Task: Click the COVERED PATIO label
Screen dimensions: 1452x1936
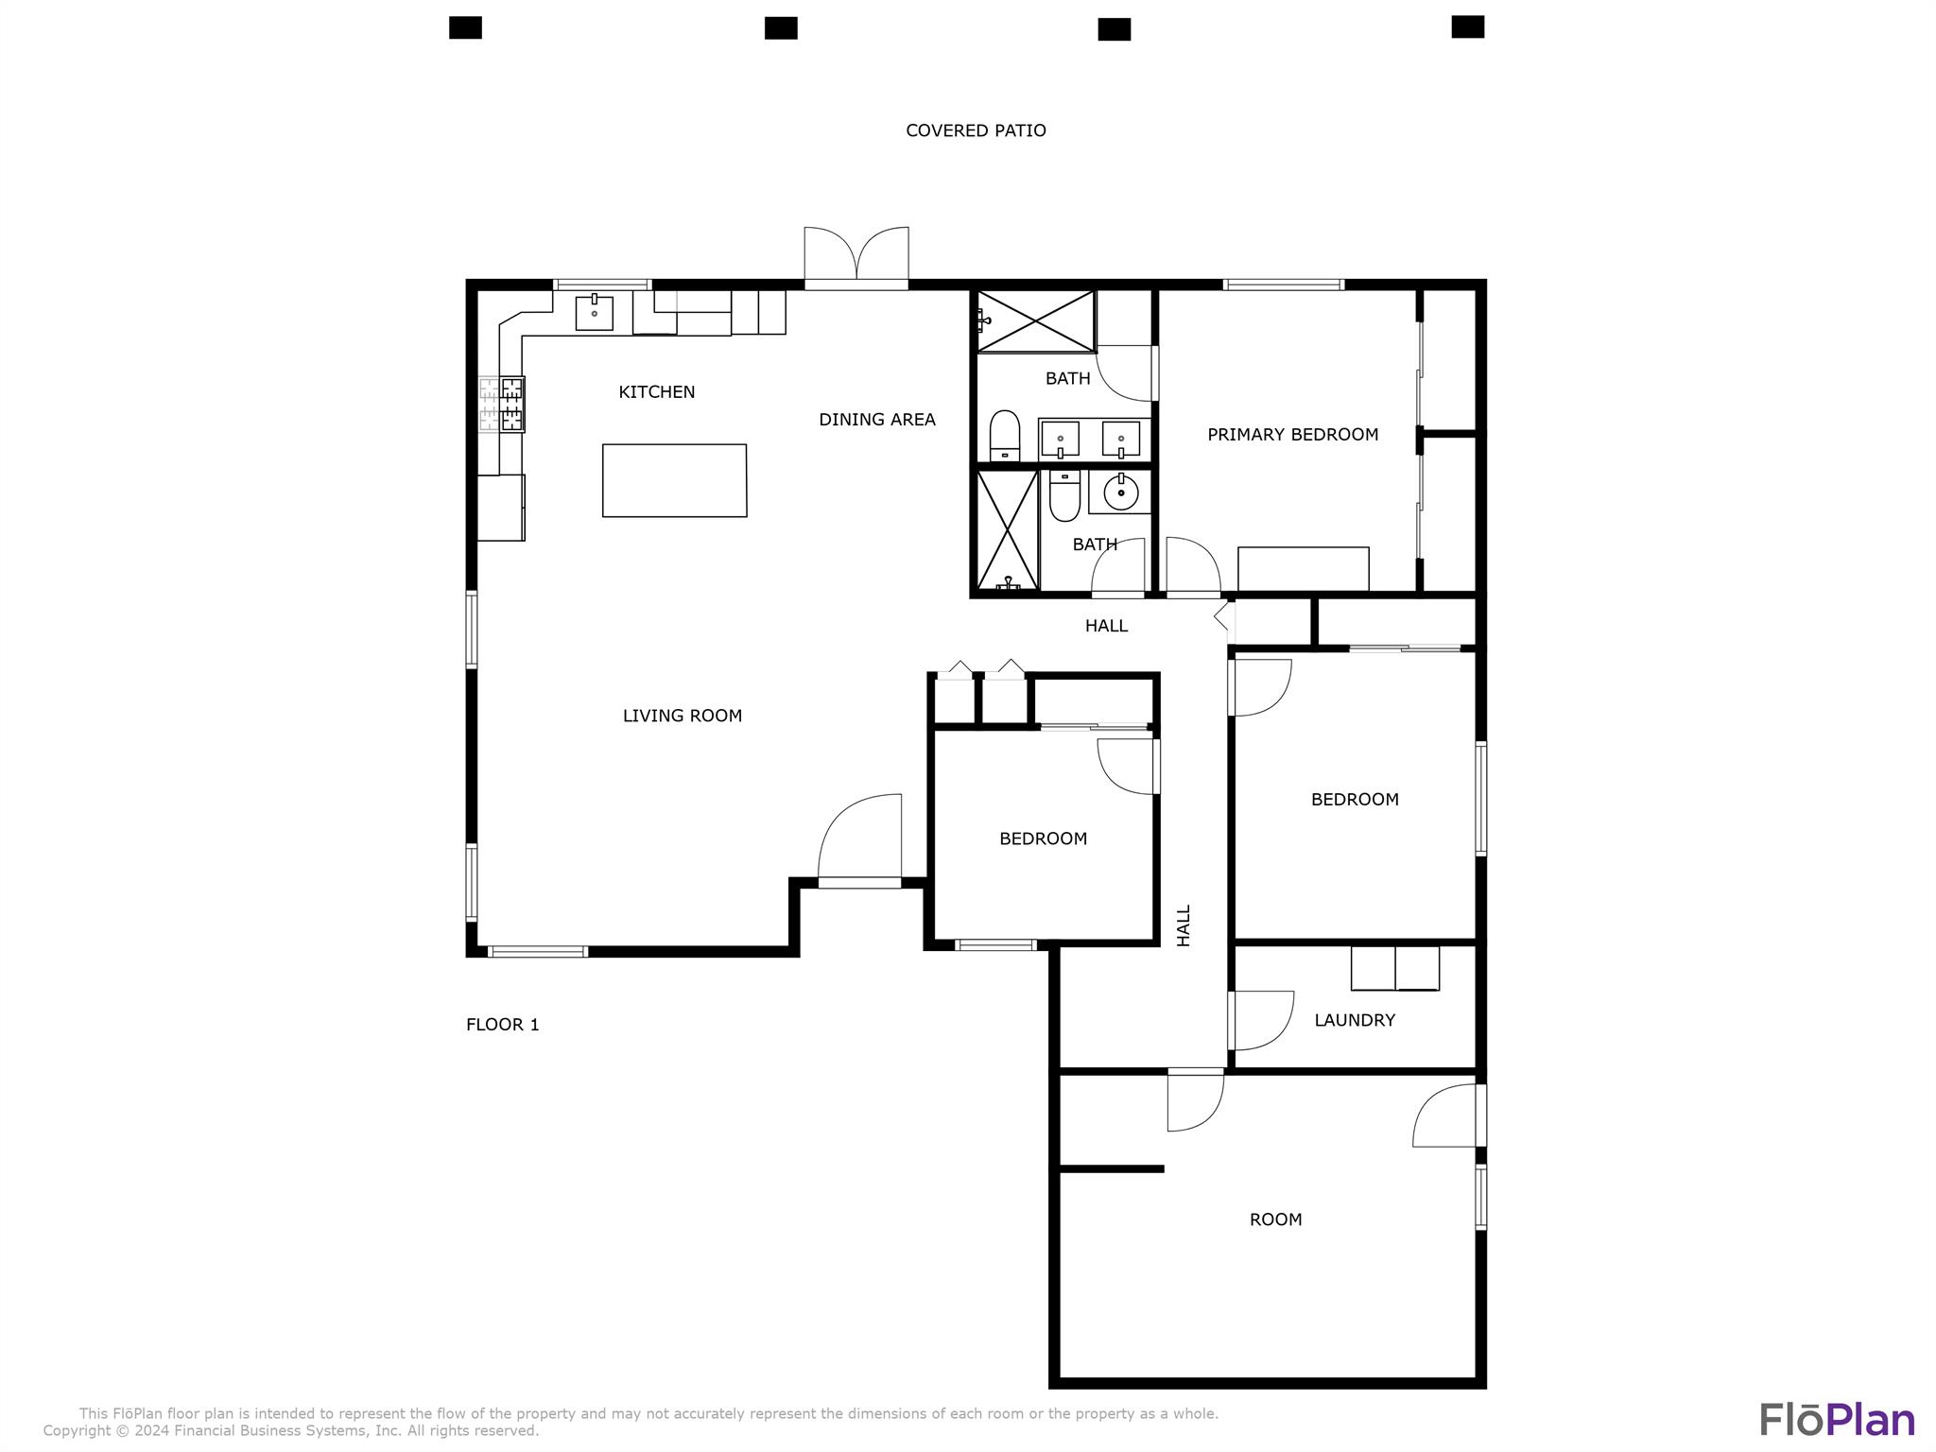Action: [x=976, y=130]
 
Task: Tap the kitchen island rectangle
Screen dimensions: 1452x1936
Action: [x=674, y=480]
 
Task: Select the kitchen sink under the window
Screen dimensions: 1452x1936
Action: [x=594, y=313]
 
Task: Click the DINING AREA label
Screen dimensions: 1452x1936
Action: [x=876, y=419]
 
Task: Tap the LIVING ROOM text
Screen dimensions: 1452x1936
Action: [x=682, y=716]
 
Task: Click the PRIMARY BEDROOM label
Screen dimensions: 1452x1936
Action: [x=1292, y=434]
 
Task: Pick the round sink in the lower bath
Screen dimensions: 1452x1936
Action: [x=1120, y=492]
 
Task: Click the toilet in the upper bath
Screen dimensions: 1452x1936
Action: [x=1004, y=435]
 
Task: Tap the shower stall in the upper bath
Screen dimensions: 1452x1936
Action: [x=1035, y=321]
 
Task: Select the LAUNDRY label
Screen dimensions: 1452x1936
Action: [x=1354, y=1020]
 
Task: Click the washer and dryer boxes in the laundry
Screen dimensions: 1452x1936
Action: [x=1394, y=968]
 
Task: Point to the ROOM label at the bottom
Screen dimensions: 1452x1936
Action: [x=1275, y=1219]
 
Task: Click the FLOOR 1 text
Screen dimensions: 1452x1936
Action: [x=502, y=1024]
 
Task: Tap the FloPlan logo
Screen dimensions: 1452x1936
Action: [x=1836, y=1420]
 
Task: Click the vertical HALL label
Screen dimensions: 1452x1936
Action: [x=1184, y=925]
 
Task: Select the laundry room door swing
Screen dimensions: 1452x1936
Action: [x=1262, y=1021]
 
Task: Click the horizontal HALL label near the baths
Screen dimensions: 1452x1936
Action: [x=1106, y=625]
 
